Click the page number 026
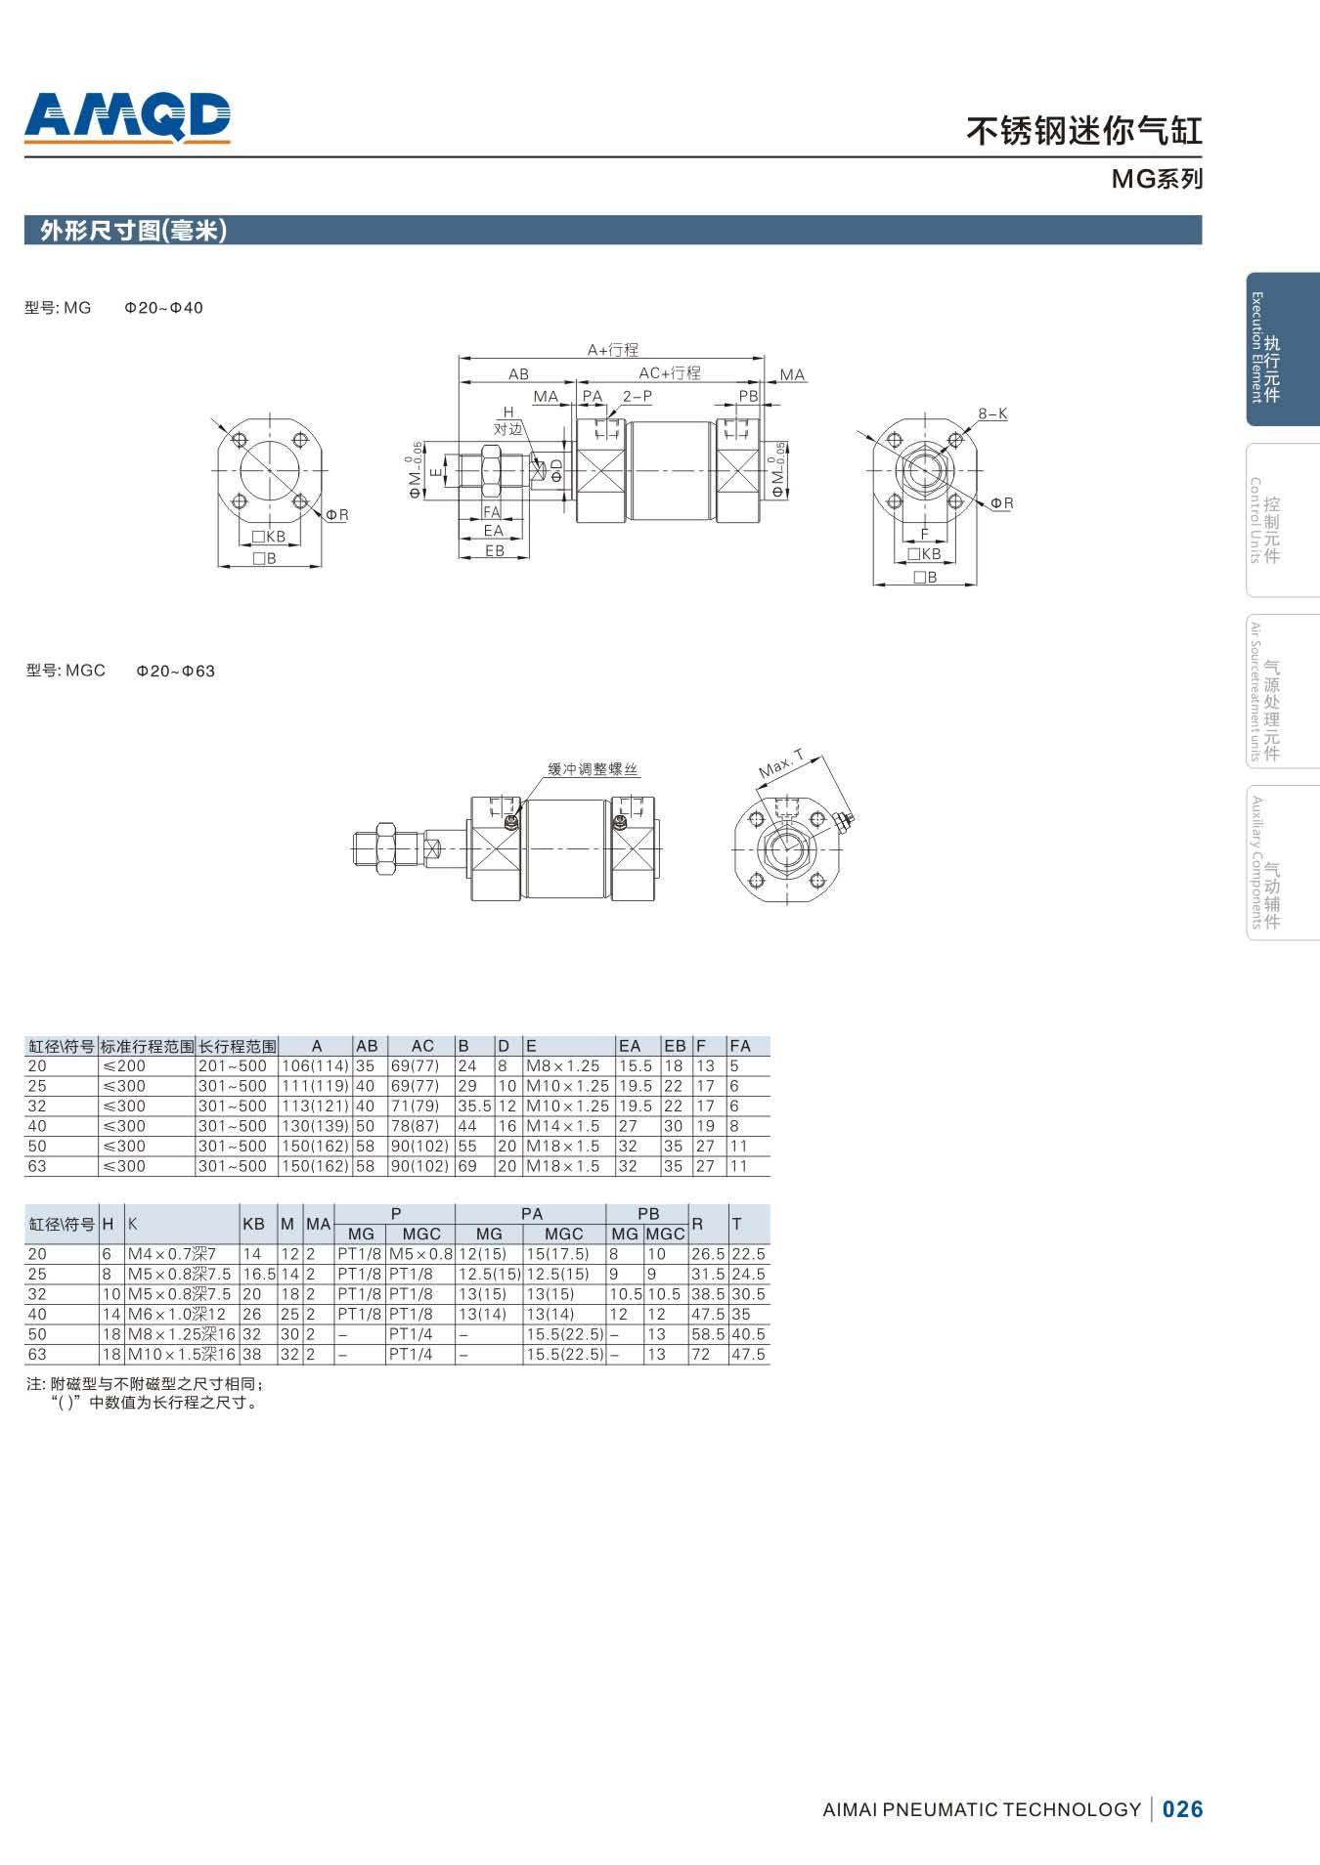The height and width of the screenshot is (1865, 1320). [1183, 1809]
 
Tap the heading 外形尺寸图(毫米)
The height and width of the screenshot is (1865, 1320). [134, 231]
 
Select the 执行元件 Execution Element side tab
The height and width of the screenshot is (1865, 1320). [1282, 349]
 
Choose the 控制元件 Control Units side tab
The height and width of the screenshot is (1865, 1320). [1282, 520]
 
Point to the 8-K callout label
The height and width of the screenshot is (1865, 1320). [992, 413]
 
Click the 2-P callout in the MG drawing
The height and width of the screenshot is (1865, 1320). [638, 396]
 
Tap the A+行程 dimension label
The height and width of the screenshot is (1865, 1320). [613, 350]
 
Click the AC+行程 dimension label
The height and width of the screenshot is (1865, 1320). [670, 373]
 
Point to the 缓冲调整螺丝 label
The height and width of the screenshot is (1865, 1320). [593, 769]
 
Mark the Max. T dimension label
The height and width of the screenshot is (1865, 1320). [781, 763]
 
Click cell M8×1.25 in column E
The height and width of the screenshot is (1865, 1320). [563, 1066]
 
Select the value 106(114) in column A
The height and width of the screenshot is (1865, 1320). [315, 1066]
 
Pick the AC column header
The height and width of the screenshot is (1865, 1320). [422, 1046]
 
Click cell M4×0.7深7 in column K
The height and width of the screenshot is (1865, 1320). [172, 1254]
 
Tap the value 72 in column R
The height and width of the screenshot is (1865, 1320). [701, 1355]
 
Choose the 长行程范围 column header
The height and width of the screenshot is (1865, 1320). [238, 1046]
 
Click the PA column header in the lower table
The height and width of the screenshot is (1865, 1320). [532, 1214]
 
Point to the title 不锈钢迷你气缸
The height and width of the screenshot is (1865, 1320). [1084, 131]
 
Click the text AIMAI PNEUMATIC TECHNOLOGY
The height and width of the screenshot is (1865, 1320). [982, 1809]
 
